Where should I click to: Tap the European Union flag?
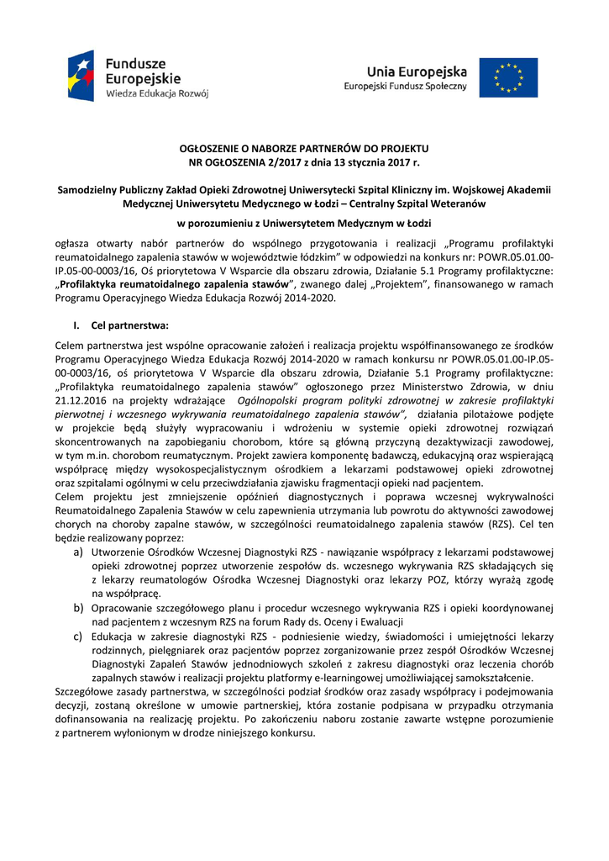[x=508, y=77]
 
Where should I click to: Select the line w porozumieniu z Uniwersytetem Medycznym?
[x=304, y=224]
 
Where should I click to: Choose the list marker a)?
[x=77, y=552]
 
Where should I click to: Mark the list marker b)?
[x=77, y=607]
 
